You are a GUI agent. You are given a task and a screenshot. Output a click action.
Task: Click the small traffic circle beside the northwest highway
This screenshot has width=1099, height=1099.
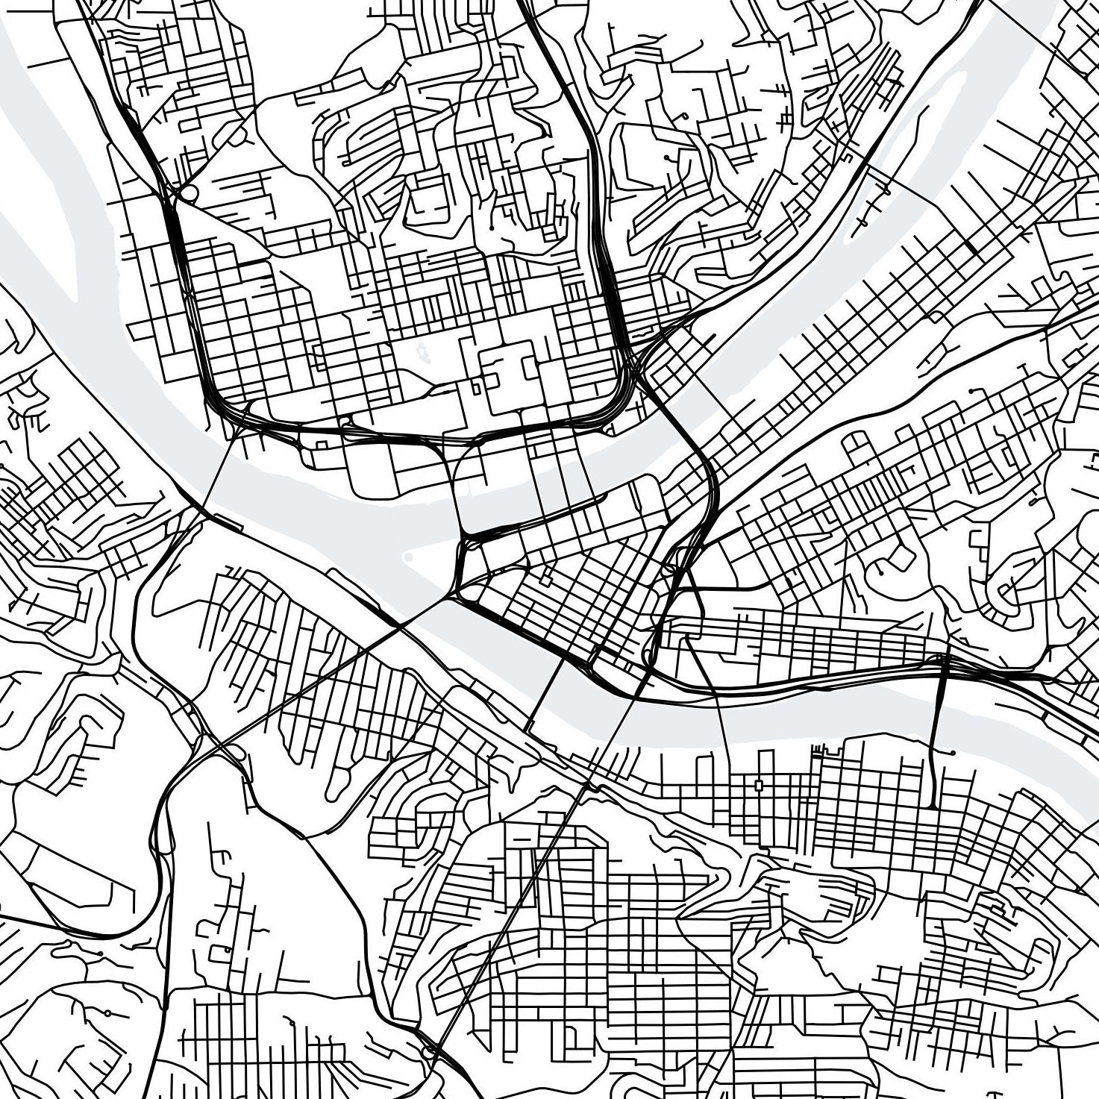189,194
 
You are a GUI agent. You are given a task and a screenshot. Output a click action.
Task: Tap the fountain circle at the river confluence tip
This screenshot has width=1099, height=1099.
408,557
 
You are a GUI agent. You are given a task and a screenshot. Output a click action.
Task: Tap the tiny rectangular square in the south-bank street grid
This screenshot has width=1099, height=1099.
759,785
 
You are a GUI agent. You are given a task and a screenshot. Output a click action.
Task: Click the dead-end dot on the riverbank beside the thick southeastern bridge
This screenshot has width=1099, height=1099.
953,752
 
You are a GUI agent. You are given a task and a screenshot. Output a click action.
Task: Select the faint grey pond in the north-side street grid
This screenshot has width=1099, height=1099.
423,349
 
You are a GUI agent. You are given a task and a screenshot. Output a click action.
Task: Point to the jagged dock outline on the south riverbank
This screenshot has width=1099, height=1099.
823,747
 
